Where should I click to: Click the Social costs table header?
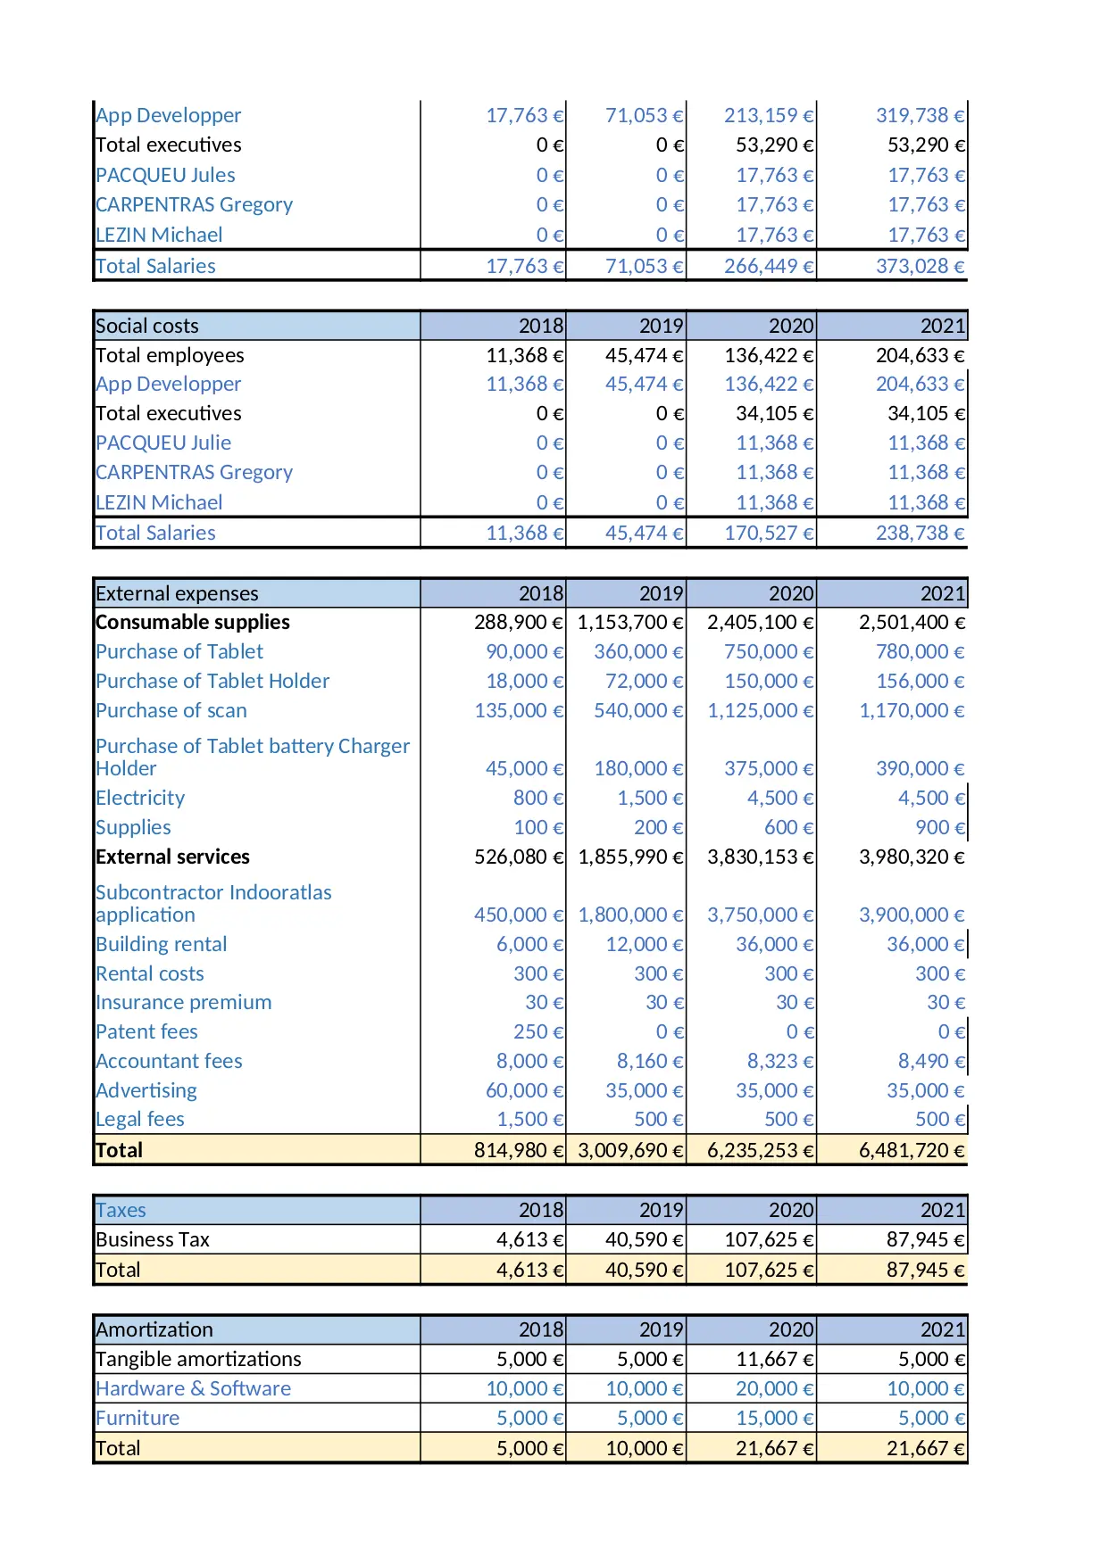(x=147, y=326)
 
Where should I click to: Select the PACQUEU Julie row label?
(x=163, y=443)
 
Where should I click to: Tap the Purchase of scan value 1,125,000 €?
(x=760, y=710)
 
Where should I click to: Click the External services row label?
(x=172, y=857)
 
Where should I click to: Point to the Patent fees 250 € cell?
(x=537, y=1031)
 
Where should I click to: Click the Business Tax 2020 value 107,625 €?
(x=768, y=1239)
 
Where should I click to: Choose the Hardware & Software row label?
(x=193, y=1388)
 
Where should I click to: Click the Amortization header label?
(x=154, y=1329)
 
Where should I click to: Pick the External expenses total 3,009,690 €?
(x=630, y=1150)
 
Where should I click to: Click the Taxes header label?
(x=121, y=1210)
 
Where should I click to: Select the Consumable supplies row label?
(x=192, y=622)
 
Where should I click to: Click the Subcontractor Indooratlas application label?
(x=212, y=903)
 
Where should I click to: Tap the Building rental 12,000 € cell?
(x=644, y=944)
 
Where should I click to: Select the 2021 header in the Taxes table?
(x=942, y=1210)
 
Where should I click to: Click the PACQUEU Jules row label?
(x=165, y=175)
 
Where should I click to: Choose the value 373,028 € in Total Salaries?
(x=920, y=266)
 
